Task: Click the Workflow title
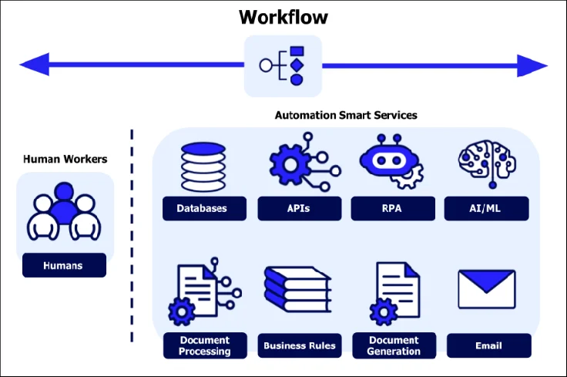pos(283,16)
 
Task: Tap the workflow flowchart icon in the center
pos(283,66)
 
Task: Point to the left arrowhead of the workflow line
pos(34,66)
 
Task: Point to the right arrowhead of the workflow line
pos(532,66)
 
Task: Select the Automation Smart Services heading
pos(346,115)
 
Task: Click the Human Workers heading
pos(65,160)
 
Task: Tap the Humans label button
pos(64,266)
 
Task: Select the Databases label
pos(205,208)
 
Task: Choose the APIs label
pos(298,208)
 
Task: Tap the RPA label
pos(392,208)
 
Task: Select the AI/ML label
pos(486,208)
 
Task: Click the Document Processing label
pos(205,345)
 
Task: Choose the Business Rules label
pos(300,345)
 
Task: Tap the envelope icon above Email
pos(486,289)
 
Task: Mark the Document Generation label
pos(394,345)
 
